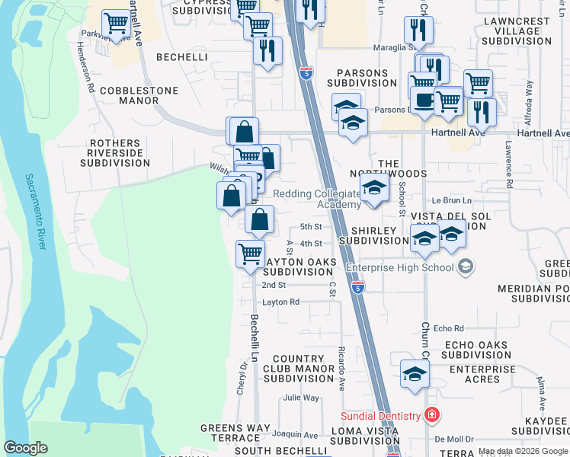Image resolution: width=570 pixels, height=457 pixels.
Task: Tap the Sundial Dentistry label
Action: pyautogui.click(x=381, y=416)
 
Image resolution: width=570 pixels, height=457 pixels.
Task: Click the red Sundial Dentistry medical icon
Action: pyautogui.click(x=433, y=415)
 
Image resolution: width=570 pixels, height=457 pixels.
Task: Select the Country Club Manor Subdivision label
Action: pyautogui.click(x=293, y=369)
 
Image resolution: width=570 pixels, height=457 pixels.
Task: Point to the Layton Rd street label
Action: pyautogui.click(x=281, y=302)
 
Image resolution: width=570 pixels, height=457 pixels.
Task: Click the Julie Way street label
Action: pyautogui.click(x=301, y=398)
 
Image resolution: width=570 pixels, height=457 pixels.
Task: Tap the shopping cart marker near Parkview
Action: pyautogui.click(x=116, y=24)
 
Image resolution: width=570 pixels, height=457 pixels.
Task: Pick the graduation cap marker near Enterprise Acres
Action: pyautogui.click(x=415, y=374)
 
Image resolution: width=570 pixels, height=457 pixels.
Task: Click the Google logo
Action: pyautogui.click(x=25, y=448)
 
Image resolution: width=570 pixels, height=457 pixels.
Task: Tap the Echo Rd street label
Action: pyautogui.click(x=448, y=328)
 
